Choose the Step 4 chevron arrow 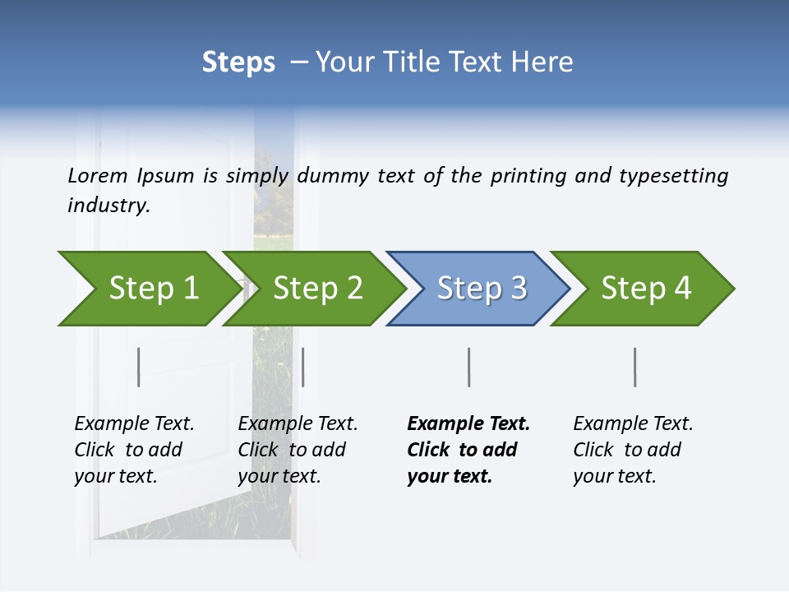[x=644, y=289]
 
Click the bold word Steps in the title [x=238, y=62]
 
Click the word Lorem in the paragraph [x=98, y=176]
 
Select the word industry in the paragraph [x=108, y=206]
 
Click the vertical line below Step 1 [x=139, y=367]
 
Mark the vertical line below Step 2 [x=303, y=367]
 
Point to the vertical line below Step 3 [x=468, y=367]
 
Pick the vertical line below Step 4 [x=635, y=367]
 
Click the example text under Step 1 [x=134, y=450]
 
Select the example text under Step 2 [x=298, y=450]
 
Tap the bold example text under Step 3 [x=468, y=450]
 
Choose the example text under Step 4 [x=633, y=450]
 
